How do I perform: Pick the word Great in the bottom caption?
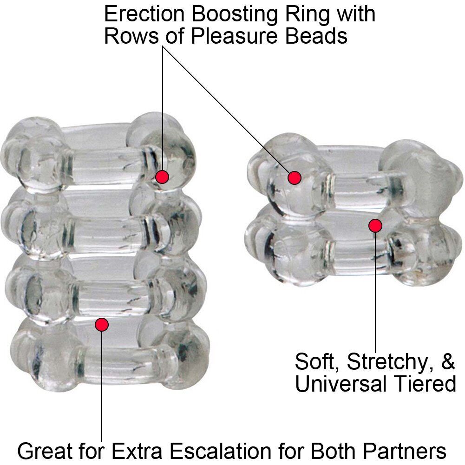[x=44, y=450]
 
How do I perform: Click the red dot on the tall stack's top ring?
[x=162, y=177]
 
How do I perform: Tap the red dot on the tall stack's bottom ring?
[x=102, y=324]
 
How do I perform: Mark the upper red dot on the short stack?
[x=294, y=177]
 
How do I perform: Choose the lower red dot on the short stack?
[x=375, y=226]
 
